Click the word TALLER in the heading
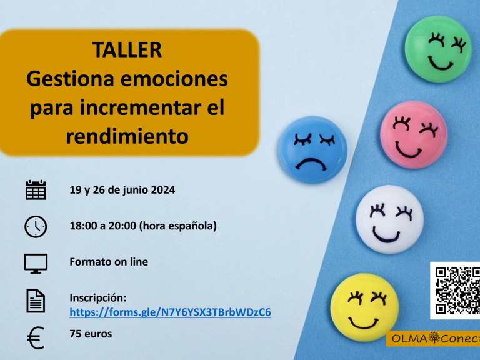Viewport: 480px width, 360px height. pos(127,50)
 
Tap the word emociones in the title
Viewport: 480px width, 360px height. pos(174,79)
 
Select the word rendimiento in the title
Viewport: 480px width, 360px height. pos(127,136)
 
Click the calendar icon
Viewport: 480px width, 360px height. pos(36,190)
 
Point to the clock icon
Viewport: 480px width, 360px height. pos(36,227)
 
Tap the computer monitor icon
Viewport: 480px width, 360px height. pos(36,263)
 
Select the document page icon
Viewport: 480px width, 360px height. pos(36,301)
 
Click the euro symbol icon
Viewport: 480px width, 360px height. pos(36,338)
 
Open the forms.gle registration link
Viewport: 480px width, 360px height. pos(170,312)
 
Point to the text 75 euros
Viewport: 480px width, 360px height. pos(91,334)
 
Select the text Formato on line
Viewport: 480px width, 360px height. pos(109,262)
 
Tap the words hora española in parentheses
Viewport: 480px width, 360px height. pos(178,226)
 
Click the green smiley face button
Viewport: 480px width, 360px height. pos(438,49)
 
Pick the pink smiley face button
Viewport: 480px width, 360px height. pos(414,135)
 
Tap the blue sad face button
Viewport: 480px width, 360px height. pos(313,150)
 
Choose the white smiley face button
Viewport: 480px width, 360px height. pos(390,219)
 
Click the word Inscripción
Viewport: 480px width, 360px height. pos(98,298)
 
